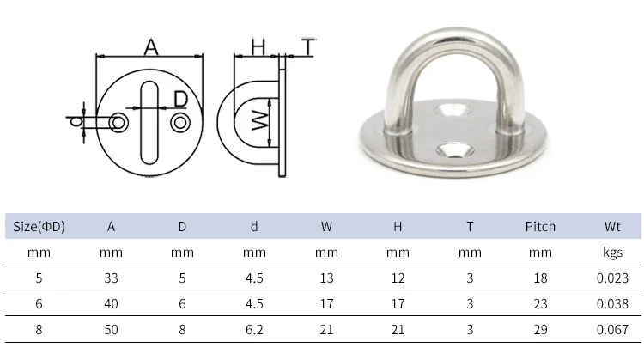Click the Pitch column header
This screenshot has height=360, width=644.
pos(540,227)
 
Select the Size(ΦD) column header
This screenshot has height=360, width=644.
pos(39,227)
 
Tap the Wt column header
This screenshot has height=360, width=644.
pos(611,227)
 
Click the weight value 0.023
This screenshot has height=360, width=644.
pos(611,278)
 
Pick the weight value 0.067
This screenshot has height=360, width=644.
pos(611,327)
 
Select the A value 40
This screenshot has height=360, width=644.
pos(111,302)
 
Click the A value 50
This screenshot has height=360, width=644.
pos(111,327)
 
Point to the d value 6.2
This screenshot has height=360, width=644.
pos(254,327)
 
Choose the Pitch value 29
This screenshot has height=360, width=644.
pos(540,327)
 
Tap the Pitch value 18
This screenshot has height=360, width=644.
pos(540,278)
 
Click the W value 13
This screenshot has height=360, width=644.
pos(326,278)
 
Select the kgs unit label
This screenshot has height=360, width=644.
pos(611,253)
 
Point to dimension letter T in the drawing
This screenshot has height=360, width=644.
pos(308,46)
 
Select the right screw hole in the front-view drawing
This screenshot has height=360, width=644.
pos(180,123)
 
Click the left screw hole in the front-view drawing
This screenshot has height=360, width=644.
pos(118,124)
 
